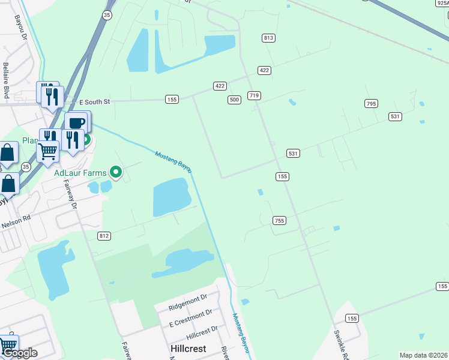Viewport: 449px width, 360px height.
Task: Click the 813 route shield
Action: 268,38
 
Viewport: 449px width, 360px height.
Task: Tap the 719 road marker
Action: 254,95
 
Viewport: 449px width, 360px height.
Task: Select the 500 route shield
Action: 235,100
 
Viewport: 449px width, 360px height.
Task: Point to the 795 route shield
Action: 371,104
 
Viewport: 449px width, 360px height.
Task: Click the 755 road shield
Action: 279,220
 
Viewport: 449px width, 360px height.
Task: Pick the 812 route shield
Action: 104,236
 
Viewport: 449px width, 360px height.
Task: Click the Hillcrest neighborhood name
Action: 187,349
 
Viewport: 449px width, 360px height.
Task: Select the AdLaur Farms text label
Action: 80,173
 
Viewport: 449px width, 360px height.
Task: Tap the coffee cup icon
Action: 76,122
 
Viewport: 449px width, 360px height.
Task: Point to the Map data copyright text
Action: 424,355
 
